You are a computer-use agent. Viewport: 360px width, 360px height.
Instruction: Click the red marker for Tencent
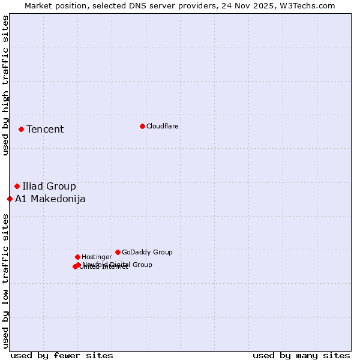(x=21, y=129)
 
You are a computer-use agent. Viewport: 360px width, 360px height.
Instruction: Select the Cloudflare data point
(x=142, y=126)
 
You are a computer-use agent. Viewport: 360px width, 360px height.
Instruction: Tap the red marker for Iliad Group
(x=17, y=186)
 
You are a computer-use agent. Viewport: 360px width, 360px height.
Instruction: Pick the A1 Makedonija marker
(x=10, y=199)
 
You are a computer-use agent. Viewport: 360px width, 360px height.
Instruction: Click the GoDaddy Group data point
(x=118, y=252)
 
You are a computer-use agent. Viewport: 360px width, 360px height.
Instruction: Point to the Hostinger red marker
(x=77, y=257)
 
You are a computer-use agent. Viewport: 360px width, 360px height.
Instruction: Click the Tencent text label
(x=45, y=130)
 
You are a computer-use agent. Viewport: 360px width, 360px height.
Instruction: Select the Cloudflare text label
(x=163, y=127)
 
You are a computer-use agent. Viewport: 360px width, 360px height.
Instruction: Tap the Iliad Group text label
(x=49, y=187)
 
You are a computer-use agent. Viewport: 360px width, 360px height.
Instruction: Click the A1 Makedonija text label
(x=50, y=199)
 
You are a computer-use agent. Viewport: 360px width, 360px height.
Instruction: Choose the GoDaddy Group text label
(x=147, y=253)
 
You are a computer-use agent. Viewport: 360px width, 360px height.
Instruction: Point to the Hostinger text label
(x=97, y=257)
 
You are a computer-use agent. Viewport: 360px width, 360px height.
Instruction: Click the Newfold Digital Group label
(x=118, y=265)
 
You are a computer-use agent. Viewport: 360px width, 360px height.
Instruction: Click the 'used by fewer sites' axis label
(x=62, y=356)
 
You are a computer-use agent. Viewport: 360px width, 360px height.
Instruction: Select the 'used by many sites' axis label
(x=301, y=356)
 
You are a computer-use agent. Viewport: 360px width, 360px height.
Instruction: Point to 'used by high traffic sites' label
(x=5, y=85)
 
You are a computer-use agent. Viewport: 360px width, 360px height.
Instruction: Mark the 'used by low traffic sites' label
(x=5, y=281)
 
